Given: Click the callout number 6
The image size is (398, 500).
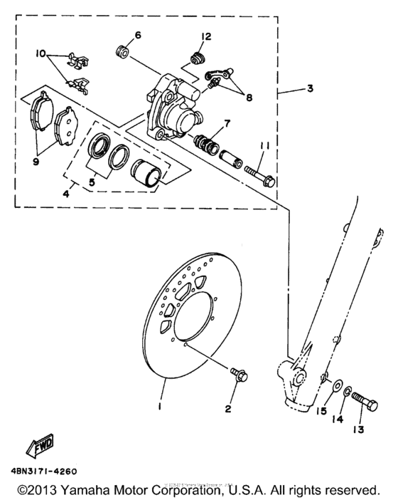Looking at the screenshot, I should tap(138, 35).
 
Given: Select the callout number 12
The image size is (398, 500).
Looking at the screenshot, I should tap(206, 36).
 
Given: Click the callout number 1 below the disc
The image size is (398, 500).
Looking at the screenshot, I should tap(161, 407).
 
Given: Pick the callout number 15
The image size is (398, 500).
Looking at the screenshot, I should tap(321, 411).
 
